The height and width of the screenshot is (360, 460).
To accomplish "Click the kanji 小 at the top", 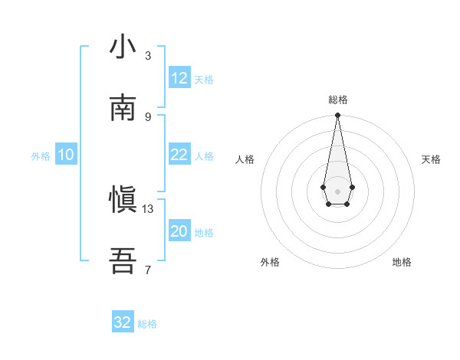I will (x=123, y=47).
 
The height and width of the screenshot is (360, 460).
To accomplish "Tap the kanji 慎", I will (x=123, y=201).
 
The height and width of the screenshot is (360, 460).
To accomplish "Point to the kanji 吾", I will (x=123, y=261).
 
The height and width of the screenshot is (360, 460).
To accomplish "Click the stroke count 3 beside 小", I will (x=148, y=56).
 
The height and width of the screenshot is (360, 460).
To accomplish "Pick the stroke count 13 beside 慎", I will (x=148, y=208).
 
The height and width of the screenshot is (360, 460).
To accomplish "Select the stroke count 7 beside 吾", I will (x=148, y=270).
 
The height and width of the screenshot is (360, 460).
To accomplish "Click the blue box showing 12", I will (x=179, y=78).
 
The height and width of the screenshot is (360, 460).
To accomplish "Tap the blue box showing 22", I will (x=179, y=155).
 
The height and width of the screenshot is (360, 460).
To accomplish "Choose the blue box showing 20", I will (x=179, y=231).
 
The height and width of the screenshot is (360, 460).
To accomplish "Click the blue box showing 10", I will (x=66, y=155).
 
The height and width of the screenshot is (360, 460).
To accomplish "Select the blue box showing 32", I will (x=123, y=322).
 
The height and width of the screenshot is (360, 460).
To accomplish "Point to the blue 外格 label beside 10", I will (x=41, y=156).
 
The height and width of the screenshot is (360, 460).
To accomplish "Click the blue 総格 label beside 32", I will (x=147, y=324).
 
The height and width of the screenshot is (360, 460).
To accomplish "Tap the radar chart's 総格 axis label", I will (x=338, y=100).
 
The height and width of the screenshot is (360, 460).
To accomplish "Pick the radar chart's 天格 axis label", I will (x=432, y=159).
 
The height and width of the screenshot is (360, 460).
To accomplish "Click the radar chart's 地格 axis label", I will (x=402, y=262).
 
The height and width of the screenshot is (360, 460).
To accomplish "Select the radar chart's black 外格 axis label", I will (x=270, y=262).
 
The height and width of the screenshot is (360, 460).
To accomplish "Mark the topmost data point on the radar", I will (x=337, y=116).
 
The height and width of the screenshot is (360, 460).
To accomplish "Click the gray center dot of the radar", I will (x=337, y=191).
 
